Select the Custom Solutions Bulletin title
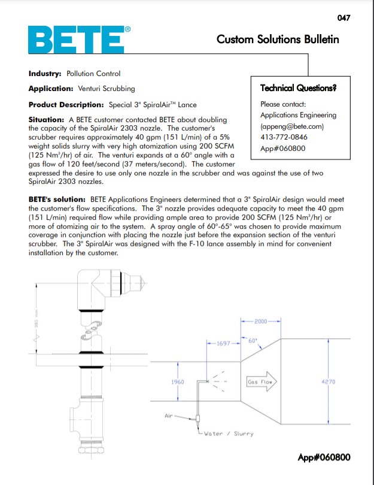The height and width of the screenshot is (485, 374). (x=278, y=40)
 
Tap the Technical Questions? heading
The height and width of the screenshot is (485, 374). (x=298, y=88)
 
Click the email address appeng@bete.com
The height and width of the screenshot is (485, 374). (x=292, y=126)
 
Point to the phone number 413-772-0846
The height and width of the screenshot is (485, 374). (x=281, y=137)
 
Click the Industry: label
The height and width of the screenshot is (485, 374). (x=45, y=74)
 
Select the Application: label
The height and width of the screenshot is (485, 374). (x=51, y=89)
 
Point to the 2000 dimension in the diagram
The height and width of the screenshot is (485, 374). (x=260, y=322)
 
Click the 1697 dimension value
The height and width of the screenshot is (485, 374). (x=223, y=344)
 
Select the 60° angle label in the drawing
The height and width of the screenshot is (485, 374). (x=253, y=341)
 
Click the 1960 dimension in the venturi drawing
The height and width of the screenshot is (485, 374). (x=178, y=381)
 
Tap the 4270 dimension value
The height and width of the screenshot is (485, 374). (x=329, y=381)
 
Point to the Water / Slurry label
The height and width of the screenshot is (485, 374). (x=229, y=433)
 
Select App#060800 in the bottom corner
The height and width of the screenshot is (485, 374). (x=324, y=458)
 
